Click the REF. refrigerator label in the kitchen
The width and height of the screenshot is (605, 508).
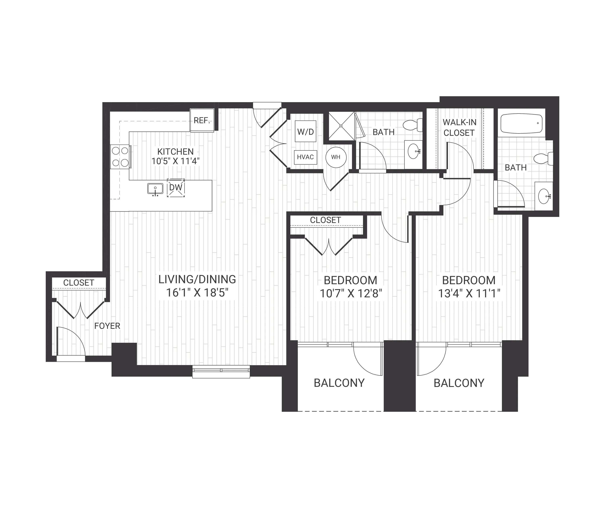(201, 120)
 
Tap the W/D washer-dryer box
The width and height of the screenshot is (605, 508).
(305, 131)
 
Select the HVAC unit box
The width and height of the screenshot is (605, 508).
(305, 157)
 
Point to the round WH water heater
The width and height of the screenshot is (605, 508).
(336, 157)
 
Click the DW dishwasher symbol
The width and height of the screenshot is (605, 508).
(176, 188)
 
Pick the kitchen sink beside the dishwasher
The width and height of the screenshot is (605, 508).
(155, 189)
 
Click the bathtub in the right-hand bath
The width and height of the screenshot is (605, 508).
(522, 123)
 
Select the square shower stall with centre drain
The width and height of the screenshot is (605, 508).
(341, 126)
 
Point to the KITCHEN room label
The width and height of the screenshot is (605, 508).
(175, 151)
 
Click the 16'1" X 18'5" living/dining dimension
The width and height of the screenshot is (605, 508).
(197, 293)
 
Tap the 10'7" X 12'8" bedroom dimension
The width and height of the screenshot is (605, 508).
(351, 293)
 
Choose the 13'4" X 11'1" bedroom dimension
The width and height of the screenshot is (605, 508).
(469, 293)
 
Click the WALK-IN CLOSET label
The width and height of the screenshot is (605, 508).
(459, 127)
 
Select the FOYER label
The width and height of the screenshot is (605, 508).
(107, 326)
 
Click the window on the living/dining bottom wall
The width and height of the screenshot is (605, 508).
(221, 371)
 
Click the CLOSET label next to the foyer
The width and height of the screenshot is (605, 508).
(79, 283)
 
